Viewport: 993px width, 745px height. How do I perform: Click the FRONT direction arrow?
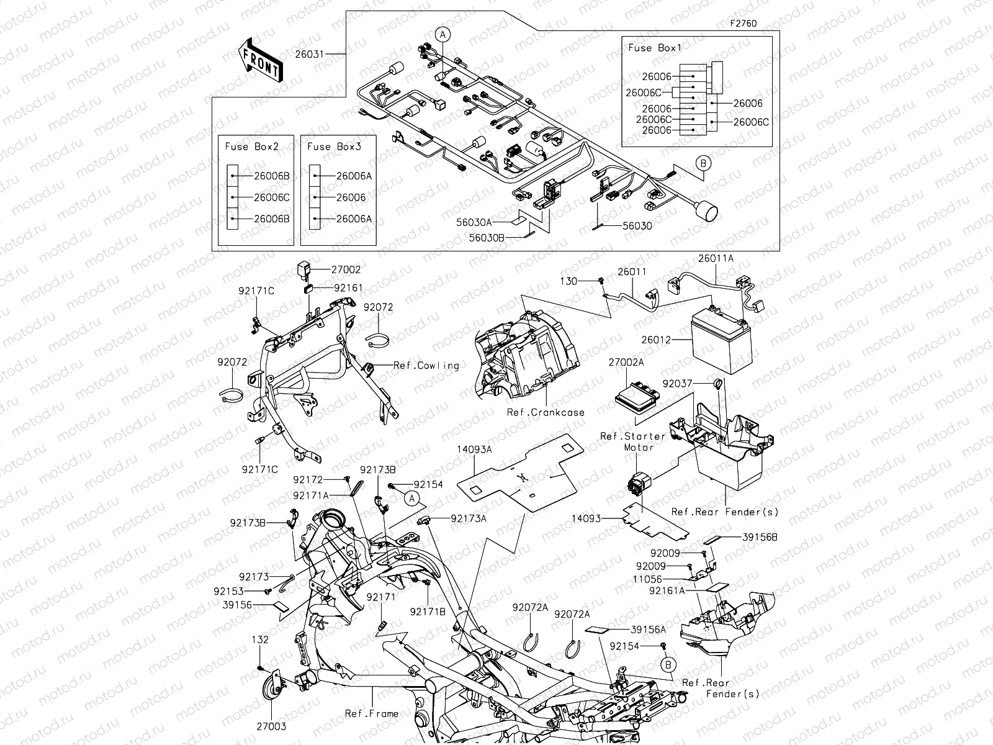pyautogui.click(x=259, y=59)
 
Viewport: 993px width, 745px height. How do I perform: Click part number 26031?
pyautogui.click(x=309, y=55)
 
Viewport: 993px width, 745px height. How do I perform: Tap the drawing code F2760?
pyautogui.click(x=743, y=24)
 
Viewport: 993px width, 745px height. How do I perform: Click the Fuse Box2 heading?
pyautogui.click(x=251, y=147)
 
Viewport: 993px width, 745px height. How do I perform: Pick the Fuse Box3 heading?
pyautogui.click(x=334, y=147)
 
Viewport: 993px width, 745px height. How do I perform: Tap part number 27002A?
pyautogui.click(x=626, y=362)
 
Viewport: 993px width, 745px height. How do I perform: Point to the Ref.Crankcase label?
pyautogui.click(x=546, y=412)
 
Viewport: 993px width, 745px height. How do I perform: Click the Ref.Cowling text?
pyautogui.click(x=426, y=366)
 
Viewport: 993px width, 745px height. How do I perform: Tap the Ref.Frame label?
pyautogui.click(x=372, y=714)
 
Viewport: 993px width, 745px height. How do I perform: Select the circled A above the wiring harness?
pyautogui.click(x=443, y=35)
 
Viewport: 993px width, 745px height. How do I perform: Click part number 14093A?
pyautogui.click(x=475, y=448)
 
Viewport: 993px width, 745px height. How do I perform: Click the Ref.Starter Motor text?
pyautogui.click(x=632, y=441)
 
